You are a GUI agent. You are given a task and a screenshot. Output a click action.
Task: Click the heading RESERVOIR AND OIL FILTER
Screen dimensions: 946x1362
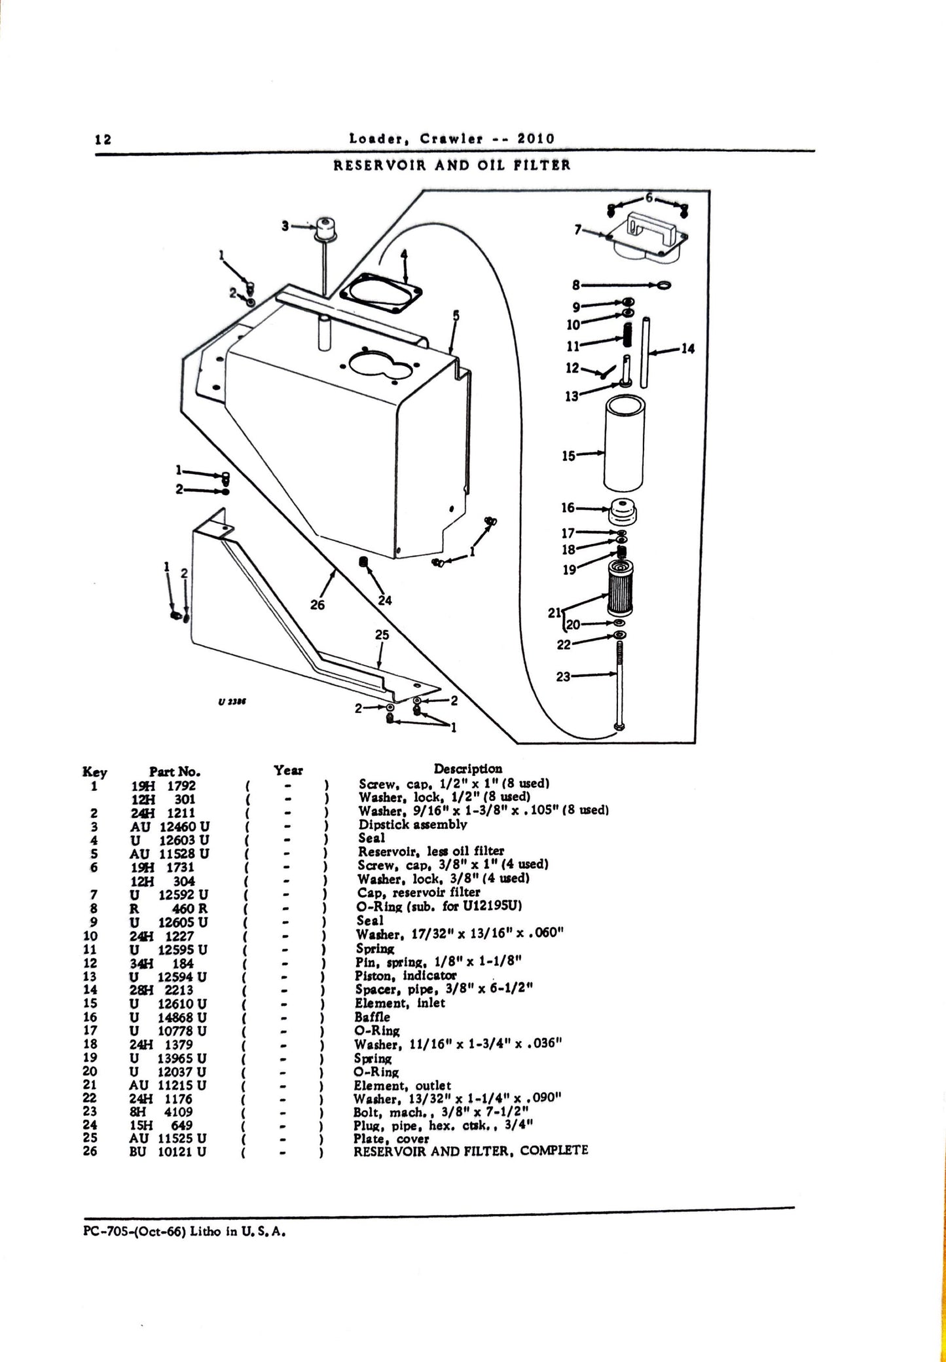(452, 166)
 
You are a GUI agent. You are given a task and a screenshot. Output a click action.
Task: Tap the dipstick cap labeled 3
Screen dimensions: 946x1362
(323, 229)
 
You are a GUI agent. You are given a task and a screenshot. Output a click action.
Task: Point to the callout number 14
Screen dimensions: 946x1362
(687, 349)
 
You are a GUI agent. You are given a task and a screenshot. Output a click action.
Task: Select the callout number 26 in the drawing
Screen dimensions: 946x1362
(318, 605)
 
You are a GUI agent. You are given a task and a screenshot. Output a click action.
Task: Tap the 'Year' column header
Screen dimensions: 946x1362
(289, 770)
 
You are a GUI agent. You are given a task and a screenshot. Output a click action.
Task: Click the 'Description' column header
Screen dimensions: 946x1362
(468, 769)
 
